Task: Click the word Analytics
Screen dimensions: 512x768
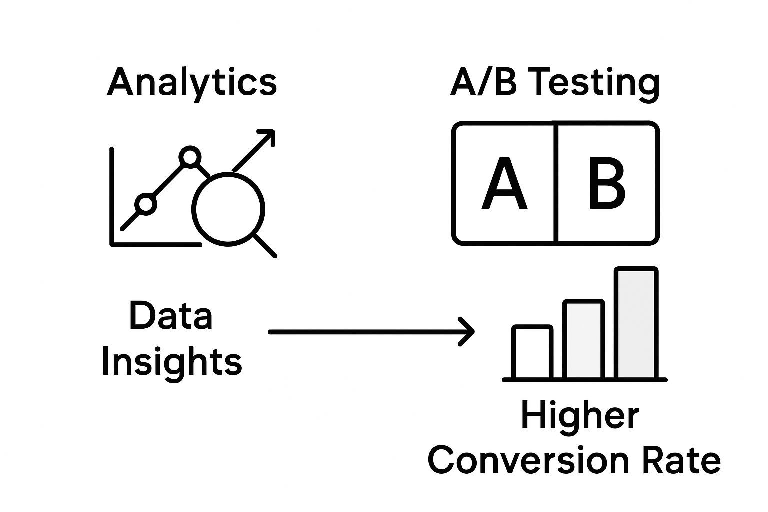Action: coord(192,83)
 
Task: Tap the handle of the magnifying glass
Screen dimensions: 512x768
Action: coord(265,246)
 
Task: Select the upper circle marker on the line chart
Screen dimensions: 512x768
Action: coord(190,157)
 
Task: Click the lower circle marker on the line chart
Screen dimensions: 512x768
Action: coord(145,204)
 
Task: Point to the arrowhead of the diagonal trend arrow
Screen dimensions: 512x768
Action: coord(269,135)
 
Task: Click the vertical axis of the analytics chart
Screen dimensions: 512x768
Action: coord(112,195)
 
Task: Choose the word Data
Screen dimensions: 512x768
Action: coord(171,316)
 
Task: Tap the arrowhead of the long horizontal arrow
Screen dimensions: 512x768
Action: coord(469,331)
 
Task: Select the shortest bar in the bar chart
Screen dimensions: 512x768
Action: coord(532,352)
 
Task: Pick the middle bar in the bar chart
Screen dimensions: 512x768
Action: coord(583,339)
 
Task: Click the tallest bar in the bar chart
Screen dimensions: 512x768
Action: coord(636,323)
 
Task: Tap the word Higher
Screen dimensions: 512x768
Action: coord(580,416)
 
